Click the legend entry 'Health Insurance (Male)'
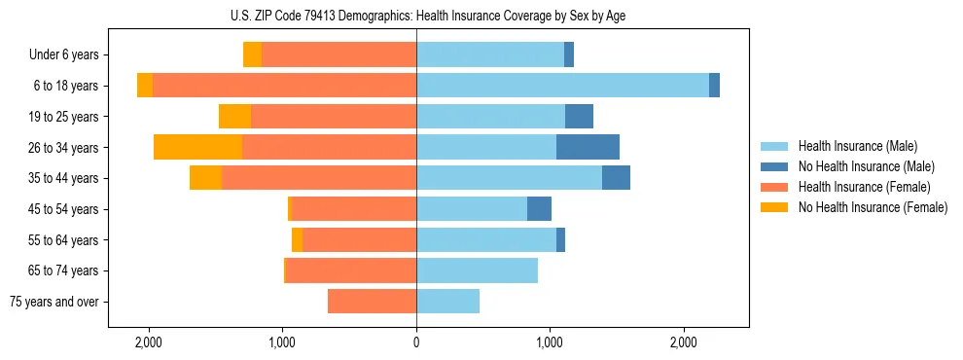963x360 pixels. tap(856, 146)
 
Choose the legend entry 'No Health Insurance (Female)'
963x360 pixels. tap(873, 207)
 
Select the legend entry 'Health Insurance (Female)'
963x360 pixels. tap(864, 187)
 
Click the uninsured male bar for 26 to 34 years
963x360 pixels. tap(588, 148)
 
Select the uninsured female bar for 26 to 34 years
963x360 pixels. tap(197, 148)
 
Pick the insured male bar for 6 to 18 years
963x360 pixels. tap(562, 86)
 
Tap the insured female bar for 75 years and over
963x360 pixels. tap(372, 302)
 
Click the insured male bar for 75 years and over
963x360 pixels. tap(447, 302)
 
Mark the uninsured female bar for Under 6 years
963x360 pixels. tap(252, 55)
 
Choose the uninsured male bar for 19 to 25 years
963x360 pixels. tap(579, 117)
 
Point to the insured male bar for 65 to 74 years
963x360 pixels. tap(477, 270)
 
